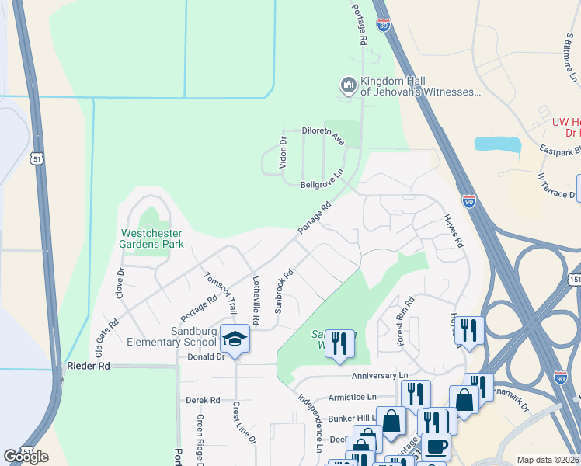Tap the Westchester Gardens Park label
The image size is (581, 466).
(151, 238)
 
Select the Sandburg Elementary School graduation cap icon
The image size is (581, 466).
(234, 339)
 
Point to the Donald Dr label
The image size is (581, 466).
(206, 357)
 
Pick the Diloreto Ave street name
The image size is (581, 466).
(322, 137)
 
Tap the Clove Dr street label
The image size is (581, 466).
(120, 283)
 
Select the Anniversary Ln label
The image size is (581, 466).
(374, 376)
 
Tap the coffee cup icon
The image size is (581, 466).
(437, 447)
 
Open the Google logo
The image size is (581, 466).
(26, 457)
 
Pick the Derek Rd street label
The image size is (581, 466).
(204, 401)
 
